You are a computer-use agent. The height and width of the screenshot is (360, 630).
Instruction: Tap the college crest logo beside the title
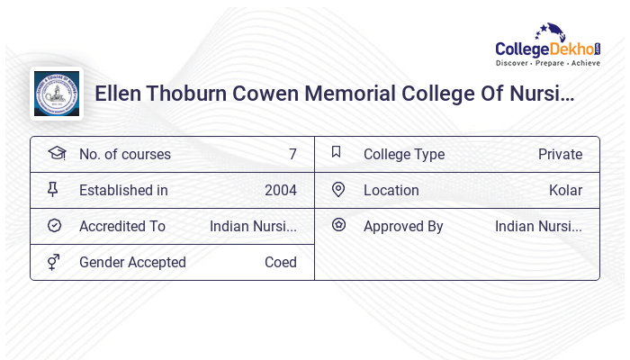click(56, 94)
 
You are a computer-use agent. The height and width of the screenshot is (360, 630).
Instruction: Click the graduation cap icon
click(56, 153)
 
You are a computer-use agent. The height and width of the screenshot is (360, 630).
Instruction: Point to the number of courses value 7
click(292, 154)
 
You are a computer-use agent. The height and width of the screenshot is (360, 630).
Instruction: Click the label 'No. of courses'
click(124, 154)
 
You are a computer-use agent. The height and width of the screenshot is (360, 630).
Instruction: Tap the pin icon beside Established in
click(54, 189)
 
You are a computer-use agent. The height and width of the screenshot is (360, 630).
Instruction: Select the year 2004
click(280, 190)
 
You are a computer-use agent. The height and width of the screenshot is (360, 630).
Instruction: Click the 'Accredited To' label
click(122, 226)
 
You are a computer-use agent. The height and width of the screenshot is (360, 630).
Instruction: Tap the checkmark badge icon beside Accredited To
click(54, 225)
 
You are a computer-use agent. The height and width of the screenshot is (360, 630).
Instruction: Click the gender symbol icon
click(54, 262)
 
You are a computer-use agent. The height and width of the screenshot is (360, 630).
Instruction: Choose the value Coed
click(280, 262)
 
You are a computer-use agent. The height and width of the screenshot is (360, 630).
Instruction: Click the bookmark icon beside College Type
click(337, 152)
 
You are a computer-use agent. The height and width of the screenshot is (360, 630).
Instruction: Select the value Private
click(560, 154)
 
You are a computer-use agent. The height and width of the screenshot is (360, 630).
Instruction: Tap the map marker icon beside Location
click(338, 189)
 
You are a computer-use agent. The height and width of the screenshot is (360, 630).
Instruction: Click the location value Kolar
click(565, 190)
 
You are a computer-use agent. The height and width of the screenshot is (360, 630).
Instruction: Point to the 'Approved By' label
click(403, 226)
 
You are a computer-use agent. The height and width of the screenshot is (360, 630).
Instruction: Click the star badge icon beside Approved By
click(338, 225)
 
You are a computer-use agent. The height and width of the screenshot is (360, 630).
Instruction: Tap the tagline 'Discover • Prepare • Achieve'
click(548, 64)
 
